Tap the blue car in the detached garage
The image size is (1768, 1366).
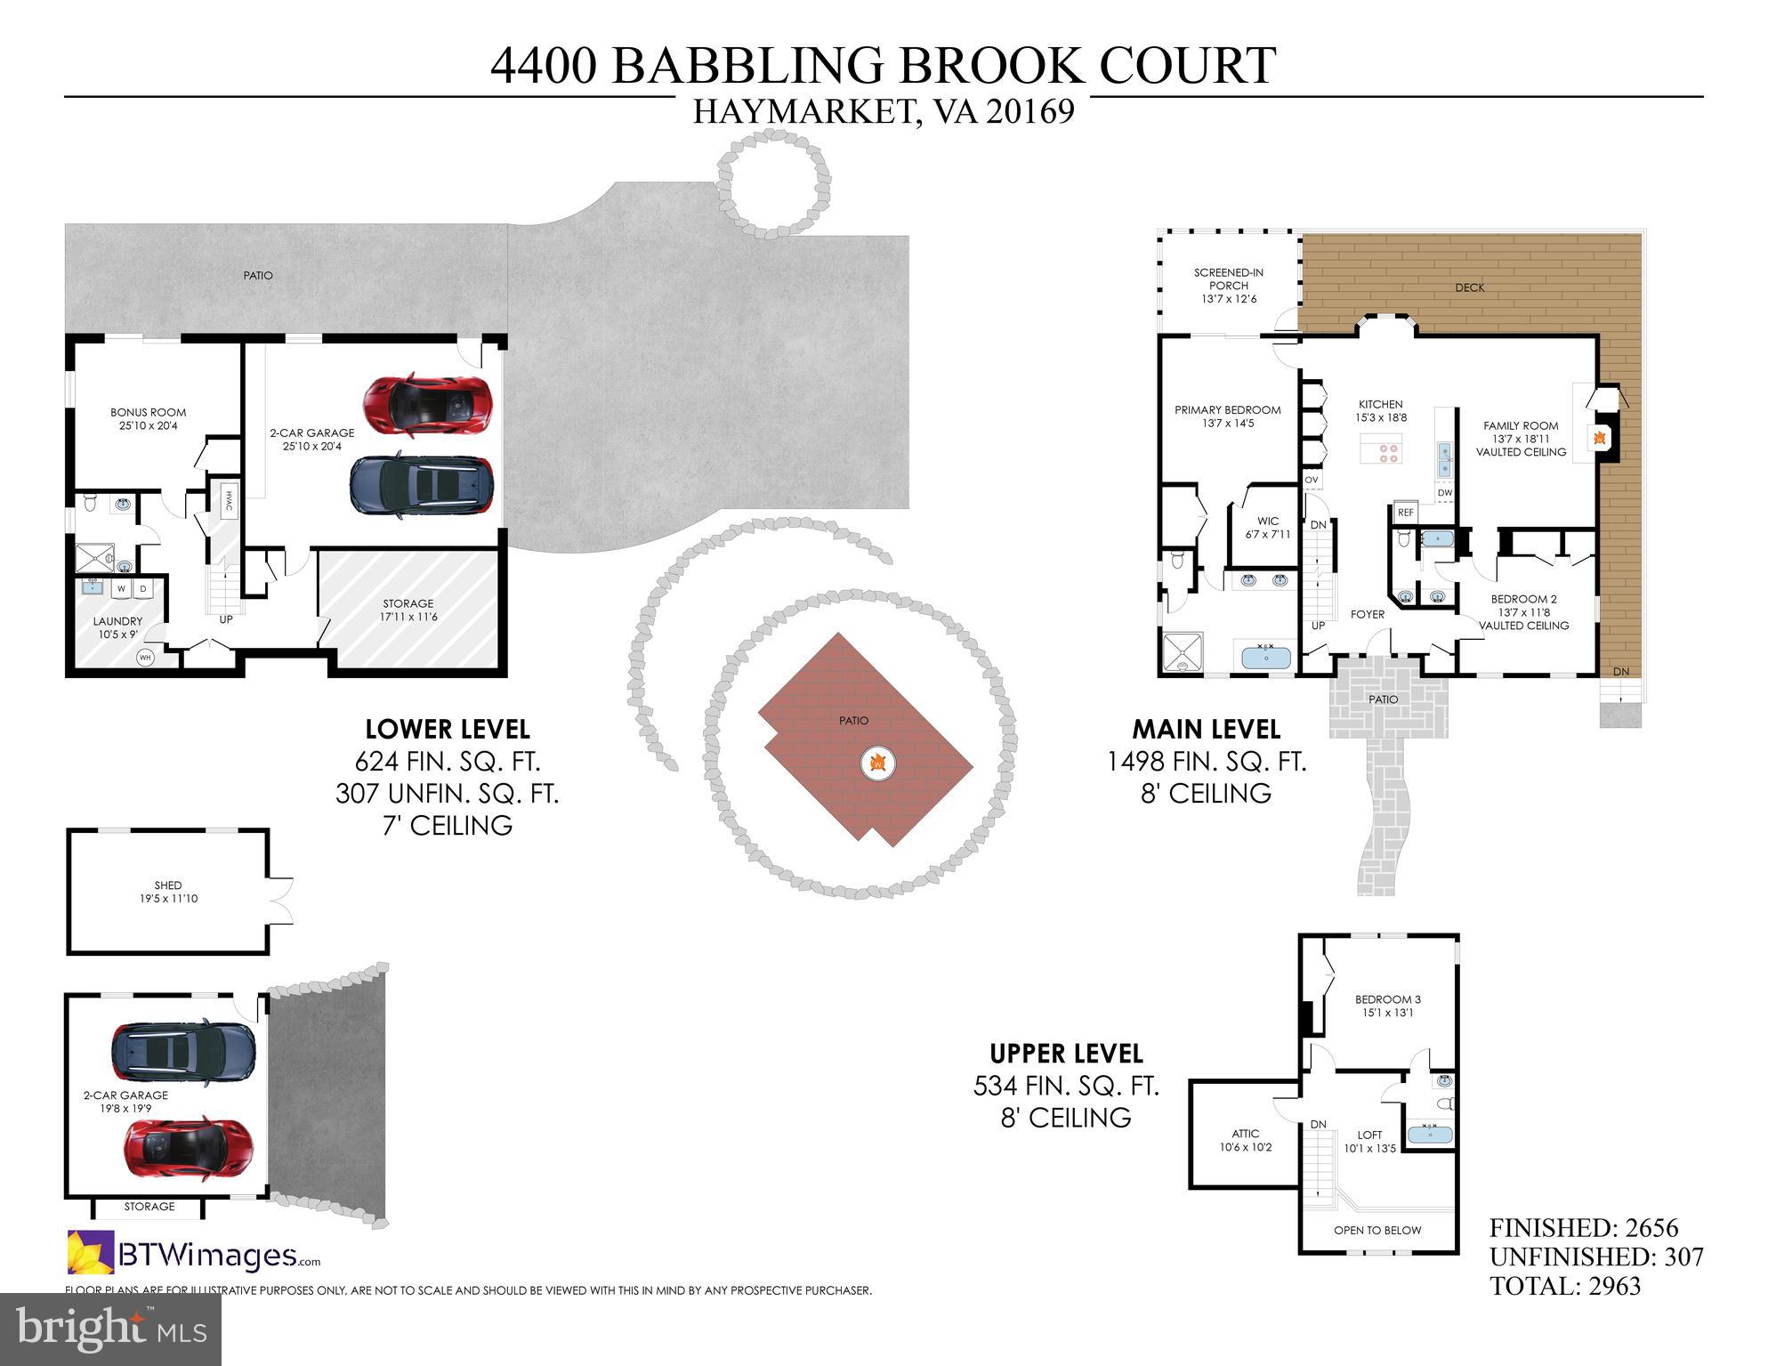point(183,1051)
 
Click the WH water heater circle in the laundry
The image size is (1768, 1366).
point(146,658)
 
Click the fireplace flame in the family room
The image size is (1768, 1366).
point(1599,437)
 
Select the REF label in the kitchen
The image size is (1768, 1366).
point(1405,513)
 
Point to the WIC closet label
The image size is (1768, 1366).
point(1267,521)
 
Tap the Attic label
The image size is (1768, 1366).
point(1245,1133)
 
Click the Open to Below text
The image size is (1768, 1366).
point(1376,1230)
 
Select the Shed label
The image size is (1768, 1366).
point(167,885)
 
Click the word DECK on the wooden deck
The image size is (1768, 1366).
point(1469,287)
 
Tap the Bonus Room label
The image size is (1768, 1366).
point(148,412)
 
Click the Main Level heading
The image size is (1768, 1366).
point(1206,729)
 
